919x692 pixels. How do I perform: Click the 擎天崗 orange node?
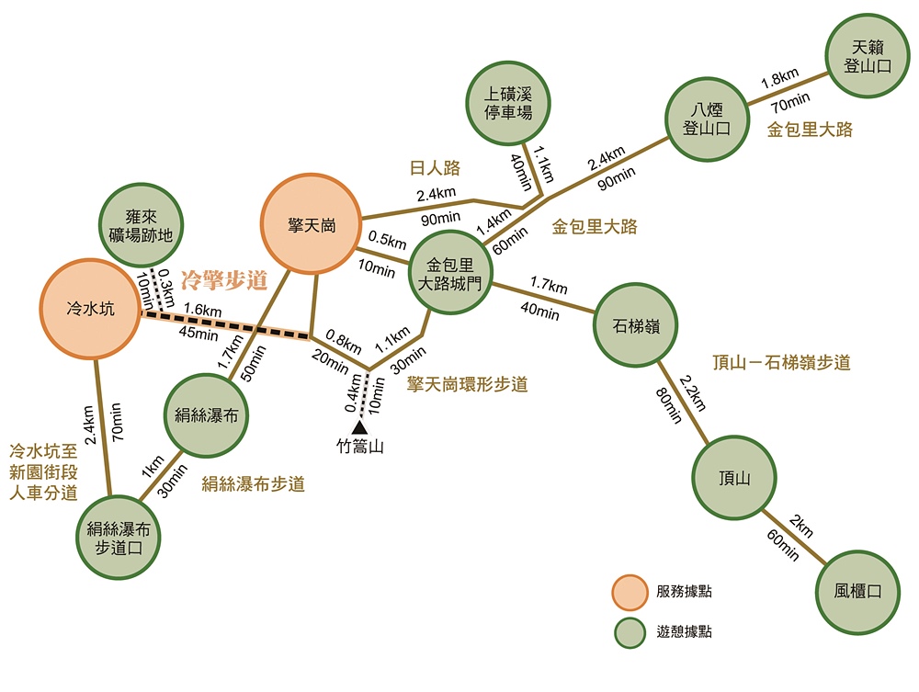point(311,224)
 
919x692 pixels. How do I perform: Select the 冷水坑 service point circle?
point(90,309)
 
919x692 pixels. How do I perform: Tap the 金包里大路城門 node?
point(450,272)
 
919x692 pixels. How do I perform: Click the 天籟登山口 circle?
point(868,56)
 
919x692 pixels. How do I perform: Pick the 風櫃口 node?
point(857,592)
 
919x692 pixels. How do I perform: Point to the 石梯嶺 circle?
point(636,325)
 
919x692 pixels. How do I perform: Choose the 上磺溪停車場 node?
point(508,103)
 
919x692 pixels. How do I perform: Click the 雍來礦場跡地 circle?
point(141,225)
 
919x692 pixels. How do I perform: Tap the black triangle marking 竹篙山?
point(359,427)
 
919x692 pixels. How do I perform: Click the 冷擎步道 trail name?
point(224,280)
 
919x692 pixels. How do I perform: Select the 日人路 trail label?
point(435,168)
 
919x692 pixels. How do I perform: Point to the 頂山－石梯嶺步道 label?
point(781,362)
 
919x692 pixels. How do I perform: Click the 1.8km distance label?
point(779,78)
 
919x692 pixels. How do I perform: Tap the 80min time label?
point(669,405)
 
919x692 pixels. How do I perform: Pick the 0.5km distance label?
point(388,240)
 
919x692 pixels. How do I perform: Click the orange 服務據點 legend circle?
point(630,593)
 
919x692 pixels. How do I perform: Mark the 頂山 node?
point(734,478)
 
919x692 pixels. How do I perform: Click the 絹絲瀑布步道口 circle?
point(119,538)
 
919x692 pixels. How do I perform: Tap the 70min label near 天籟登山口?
point(790,102)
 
